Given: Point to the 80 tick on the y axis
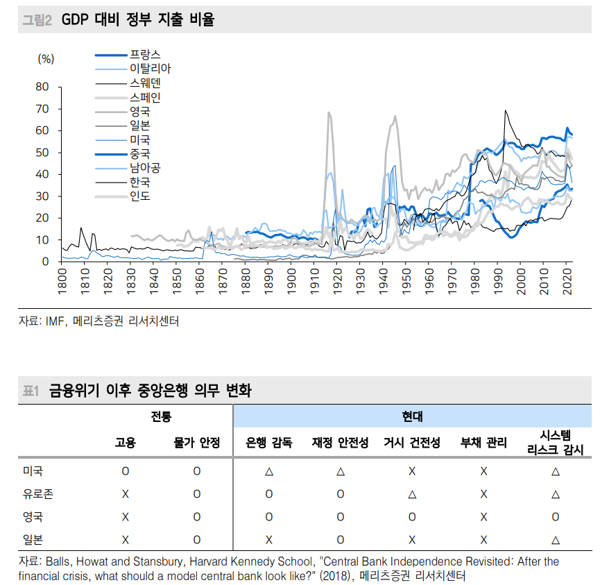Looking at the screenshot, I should point(42,87).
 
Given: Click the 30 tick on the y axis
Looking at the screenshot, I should point(42,196).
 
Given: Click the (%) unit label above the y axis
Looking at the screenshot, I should point(46,59).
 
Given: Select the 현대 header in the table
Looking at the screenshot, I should point(412,417).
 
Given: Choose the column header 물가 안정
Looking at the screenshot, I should point(196,443).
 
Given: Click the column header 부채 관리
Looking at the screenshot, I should point(483,443).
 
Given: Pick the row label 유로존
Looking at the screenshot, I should point(38,494).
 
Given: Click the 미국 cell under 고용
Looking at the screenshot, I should point(126,471).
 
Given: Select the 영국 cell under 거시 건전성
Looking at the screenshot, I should point(411,517).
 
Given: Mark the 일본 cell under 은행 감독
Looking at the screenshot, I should point(268,539).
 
